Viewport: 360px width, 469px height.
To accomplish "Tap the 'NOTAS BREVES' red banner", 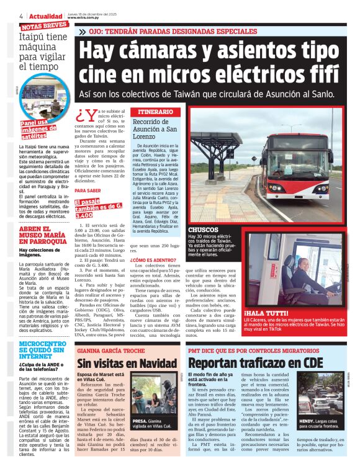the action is [x=44, y=25].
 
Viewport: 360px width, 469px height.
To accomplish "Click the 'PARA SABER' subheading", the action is [x=88, y=190].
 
